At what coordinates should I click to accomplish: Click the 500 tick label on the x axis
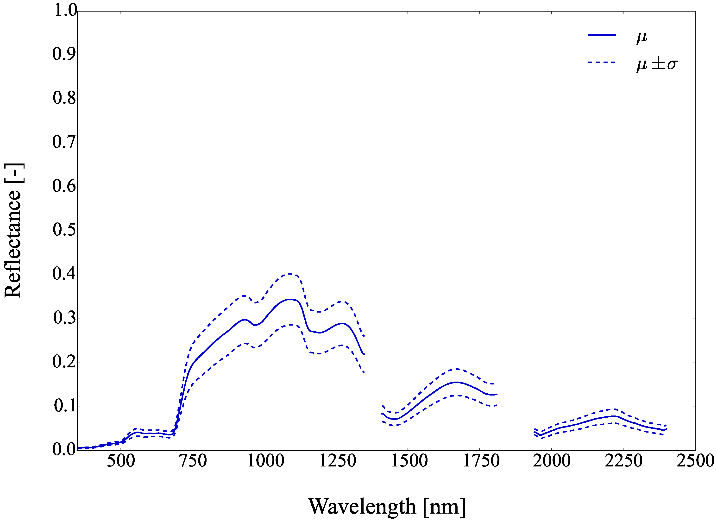(121, 461)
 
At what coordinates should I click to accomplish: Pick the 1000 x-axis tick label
(265, 461)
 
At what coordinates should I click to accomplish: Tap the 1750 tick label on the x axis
(481, 461)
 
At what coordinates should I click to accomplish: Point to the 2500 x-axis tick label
(695, 461)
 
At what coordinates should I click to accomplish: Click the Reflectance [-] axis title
(13, 231)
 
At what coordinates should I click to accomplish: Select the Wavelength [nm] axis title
(386, 507)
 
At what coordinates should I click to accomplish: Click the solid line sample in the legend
(602, 35)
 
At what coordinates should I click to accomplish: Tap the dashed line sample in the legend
(602, 63)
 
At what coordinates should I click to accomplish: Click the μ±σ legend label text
(657, 64)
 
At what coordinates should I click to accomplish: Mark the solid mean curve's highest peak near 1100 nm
(289, 299)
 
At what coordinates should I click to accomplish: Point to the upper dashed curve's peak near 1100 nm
(289, 274)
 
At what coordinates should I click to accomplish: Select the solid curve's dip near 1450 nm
(395, 419)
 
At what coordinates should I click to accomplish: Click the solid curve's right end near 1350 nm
(364, 354)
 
